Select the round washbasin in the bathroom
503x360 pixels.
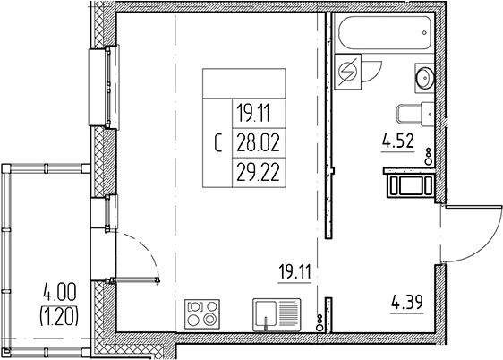424,77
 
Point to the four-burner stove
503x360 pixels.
203,316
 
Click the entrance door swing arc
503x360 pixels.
474,232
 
